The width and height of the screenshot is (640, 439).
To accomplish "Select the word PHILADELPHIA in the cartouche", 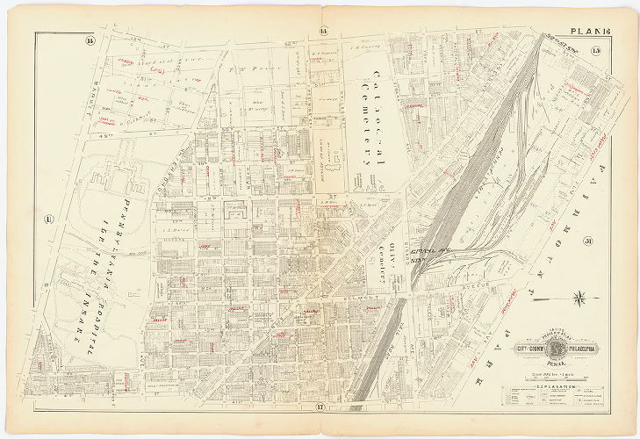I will pos(583,345).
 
